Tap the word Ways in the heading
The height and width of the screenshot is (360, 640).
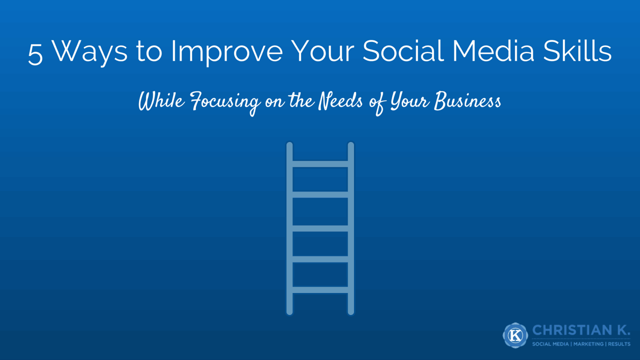click(x=89, y=52)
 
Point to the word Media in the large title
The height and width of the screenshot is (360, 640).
click(x=493, y=50)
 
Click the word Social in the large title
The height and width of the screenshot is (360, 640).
click(x=403, y=50)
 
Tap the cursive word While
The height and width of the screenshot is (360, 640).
click(x=161, y=101)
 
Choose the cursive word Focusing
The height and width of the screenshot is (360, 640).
click(x=225, y=103)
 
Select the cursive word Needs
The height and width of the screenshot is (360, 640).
click(x=340, y=101)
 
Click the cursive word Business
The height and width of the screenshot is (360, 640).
click(x=467, y=101)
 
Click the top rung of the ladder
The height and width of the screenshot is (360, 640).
click(x=320, y=164)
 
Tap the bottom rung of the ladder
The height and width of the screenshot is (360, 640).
click(x=320, y=289)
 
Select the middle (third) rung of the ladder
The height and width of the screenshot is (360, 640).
click(x=320, y=228)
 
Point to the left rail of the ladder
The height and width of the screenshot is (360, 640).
click(x=289, y=228)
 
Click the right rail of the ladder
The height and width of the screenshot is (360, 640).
click(x=351, y=228)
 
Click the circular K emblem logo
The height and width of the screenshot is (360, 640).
click(x=515, y=335)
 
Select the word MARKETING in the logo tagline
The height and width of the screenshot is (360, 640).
click(x=588, y=344)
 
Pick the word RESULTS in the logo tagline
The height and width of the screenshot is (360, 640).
click(x=619, y=344)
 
